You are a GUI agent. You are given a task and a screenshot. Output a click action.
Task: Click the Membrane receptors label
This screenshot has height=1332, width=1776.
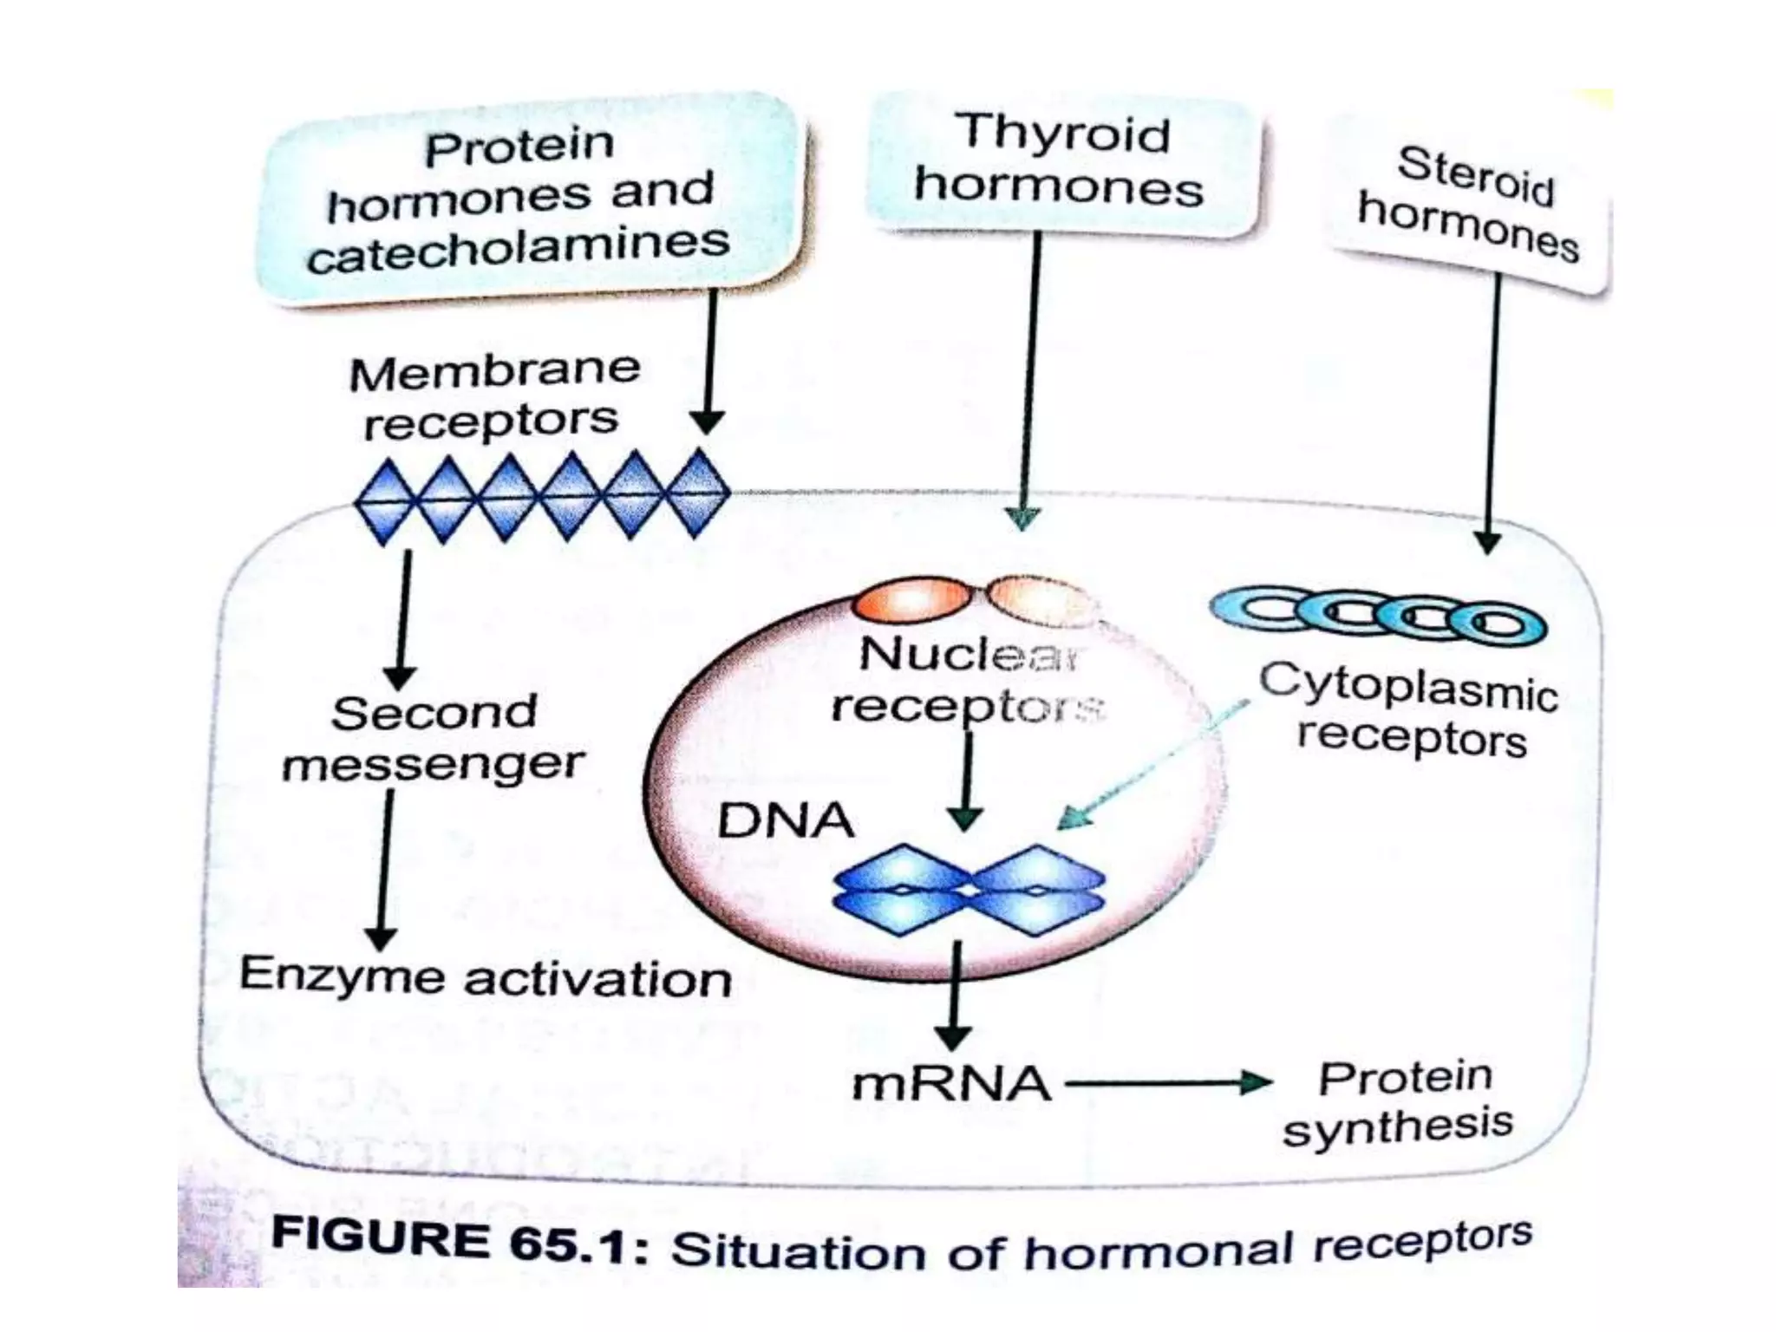493,395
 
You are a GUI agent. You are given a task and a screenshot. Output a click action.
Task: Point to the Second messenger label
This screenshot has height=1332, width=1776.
434,739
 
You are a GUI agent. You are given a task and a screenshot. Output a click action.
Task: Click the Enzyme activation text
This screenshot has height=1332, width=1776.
486,977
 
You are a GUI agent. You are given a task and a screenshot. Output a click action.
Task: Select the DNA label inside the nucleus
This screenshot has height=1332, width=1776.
785,820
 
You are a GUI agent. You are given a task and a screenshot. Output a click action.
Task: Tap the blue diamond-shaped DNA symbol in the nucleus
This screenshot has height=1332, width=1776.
969,891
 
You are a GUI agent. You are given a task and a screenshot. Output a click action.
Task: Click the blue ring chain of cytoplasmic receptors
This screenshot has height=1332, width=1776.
1379,616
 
